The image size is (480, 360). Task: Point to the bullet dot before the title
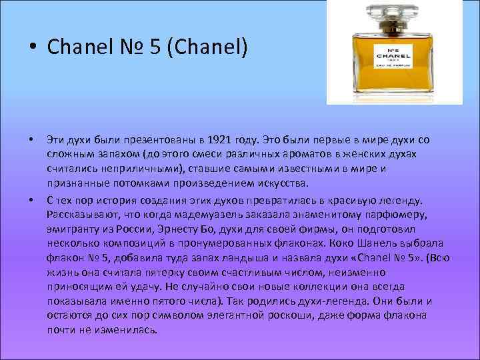point(31,48)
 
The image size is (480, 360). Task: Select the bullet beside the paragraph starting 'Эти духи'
point(31,140)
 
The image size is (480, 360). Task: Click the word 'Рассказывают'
point(81,213)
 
